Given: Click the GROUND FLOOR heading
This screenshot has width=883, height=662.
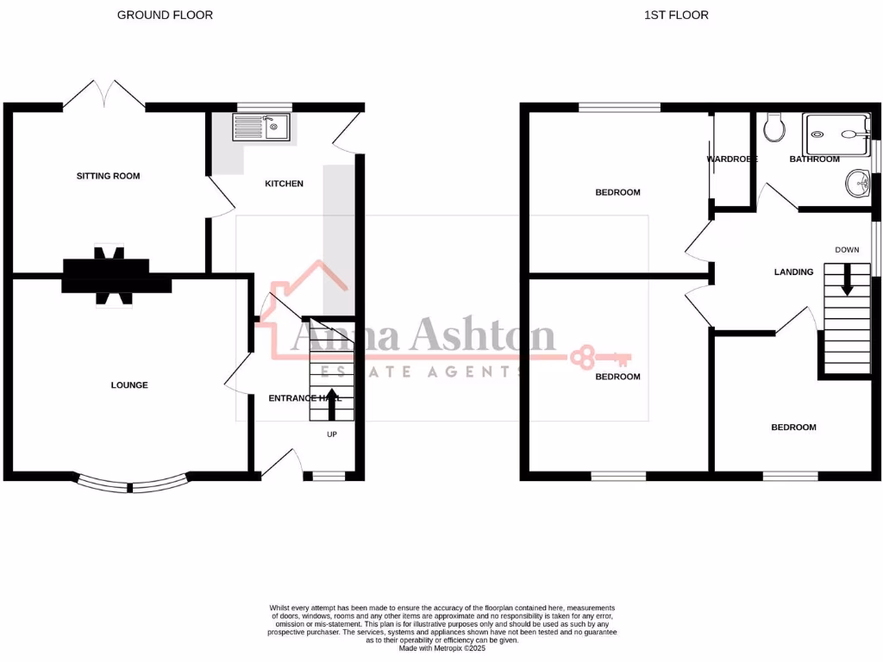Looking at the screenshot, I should coord(165,15).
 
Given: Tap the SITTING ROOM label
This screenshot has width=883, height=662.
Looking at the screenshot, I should coord(108,176).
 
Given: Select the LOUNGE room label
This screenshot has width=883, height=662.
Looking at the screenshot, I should coord(129,385).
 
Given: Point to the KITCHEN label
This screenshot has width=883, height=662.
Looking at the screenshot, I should coord(284,184).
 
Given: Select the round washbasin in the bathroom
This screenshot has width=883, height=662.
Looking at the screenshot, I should coord(857,182).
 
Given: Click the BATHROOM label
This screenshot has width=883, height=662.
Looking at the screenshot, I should coord(814,159).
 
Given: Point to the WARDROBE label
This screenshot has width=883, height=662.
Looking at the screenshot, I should coord(732,159).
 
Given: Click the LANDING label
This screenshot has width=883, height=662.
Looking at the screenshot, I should coord(793,272).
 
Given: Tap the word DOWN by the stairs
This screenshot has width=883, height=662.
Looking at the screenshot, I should coord(847,250).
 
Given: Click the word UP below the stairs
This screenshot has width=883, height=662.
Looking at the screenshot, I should coord(332,434).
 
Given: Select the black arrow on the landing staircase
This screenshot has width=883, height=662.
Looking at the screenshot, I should coord(847,279).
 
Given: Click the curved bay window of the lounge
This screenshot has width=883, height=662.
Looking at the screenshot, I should coord(131,484).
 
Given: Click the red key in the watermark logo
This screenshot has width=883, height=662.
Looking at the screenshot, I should coord(600,355).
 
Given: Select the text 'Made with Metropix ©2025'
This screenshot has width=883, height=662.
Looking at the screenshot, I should coord(442,648).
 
